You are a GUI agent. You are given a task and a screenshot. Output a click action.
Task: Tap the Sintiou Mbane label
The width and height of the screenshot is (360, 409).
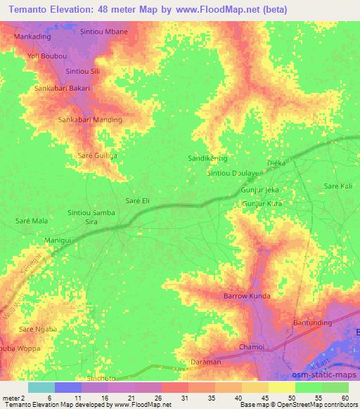(103, 32)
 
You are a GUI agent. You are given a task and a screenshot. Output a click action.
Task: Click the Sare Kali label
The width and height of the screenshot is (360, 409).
(337, 186)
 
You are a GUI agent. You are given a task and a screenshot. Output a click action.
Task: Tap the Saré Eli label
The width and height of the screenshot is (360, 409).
(137, 201)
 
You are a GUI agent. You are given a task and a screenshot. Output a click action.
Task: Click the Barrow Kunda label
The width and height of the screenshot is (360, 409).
(247, 296)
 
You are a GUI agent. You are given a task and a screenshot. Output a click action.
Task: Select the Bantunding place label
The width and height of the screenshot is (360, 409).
(312, 323)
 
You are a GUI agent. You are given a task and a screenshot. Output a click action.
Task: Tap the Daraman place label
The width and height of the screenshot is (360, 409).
(205, 363)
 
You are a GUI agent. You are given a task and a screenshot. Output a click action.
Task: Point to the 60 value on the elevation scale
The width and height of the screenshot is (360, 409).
(344, 398)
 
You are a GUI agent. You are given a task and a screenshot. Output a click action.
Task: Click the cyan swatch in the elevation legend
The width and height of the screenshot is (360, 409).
(41, 387)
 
